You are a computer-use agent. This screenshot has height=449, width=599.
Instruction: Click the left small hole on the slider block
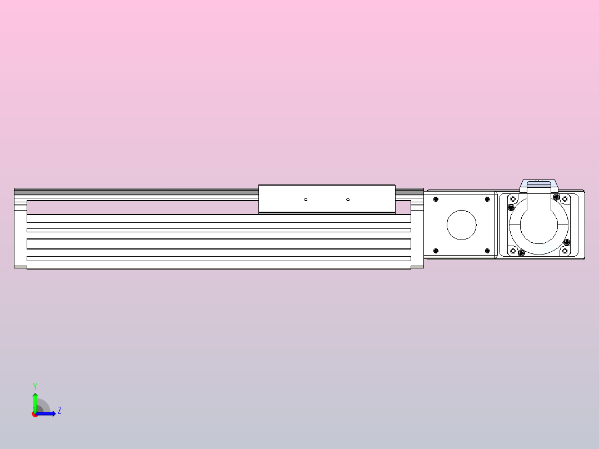click(306, 199)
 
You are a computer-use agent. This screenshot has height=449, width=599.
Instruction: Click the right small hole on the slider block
click(348, 199)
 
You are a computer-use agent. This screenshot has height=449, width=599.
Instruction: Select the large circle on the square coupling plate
click(462, 225)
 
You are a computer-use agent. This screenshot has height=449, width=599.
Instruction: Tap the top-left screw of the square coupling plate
click(436, 198)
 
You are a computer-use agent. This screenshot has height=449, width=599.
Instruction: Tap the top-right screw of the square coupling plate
click(487, 198)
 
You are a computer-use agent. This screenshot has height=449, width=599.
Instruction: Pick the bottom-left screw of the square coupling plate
click(436, 251)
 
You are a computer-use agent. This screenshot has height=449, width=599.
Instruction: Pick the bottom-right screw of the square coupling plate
click(487, 251)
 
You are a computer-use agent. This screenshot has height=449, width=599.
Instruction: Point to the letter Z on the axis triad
click(59, 411)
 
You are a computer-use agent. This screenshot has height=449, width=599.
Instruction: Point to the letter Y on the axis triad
click(35, 386)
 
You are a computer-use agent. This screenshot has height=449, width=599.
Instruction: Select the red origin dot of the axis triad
click(35, 414)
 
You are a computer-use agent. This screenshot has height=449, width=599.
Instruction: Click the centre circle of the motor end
click(538, 225)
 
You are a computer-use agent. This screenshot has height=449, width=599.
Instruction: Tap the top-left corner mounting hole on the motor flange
click(511, 197)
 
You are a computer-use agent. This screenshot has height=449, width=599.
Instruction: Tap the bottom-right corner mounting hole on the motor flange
click(565, 251)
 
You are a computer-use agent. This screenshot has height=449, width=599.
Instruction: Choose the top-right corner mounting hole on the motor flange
click(565, 198)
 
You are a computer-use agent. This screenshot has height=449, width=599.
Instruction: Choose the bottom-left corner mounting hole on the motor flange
click(511, 251)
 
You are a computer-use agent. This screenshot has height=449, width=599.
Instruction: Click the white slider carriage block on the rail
click(327, 198)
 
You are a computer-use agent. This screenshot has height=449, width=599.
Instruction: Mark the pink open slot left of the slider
click(142, 207)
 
